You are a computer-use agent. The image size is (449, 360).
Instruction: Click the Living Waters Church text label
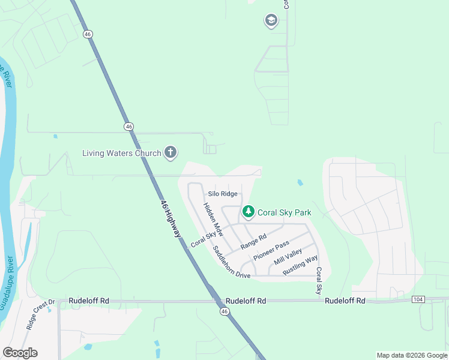click(x=121, y=153)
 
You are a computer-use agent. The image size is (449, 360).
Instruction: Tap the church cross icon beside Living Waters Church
click(x=170, y=152)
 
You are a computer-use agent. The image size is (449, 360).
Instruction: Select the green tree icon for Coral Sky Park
click(x=248, y=212)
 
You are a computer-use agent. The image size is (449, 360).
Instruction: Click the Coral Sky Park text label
click(x=284, y=212)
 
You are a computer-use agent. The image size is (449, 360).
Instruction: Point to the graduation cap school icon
click(x=271, y=22)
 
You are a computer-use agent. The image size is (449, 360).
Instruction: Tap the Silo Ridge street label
click(x=223, y=194)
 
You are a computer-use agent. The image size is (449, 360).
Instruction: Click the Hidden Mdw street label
click(x=212, y=220)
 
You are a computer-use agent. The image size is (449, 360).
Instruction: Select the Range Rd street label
click(x=253, y=242)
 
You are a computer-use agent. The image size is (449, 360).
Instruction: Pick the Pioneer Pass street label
click(x=271, y=250)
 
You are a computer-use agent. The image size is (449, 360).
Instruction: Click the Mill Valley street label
click(x=288, y=257)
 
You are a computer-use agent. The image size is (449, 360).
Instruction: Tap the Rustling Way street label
click(x=300, y=266)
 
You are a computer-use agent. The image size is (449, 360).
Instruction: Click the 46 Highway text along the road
click(x=171, y=218)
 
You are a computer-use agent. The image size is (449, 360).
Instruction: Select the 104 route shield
click(x=418, y=299)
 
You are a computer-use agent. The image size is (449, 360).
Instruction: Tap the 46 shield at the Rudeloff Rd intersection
click(x=224, y=311)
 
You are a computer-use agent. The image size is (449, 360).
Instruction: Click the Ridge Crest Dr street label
click(x=40, y=315)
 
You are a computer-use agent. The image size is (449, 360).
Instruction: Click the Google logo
click(x=20, y=353)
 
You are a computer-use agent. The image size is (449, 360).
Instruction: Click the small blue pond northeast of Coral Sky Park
click(x=300, y=182)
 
